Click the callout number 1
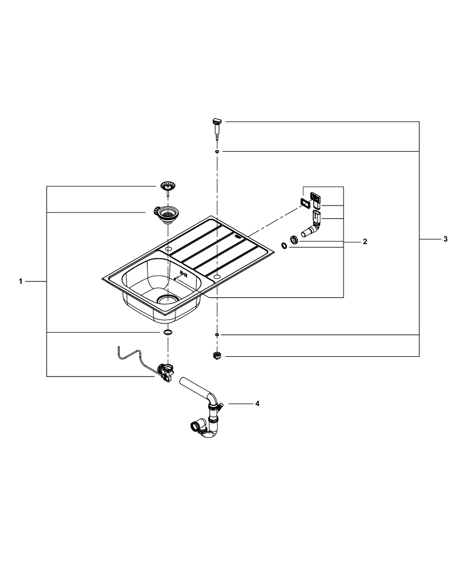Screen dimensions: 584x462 (20, 281)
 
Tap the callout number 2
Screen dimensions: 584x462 (365, 241)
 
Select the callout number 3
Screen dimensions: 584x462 (445, 239)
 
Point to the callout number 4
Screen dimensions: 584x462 (257, 404)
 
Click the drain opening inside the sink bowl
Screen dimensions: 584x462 (167, 300)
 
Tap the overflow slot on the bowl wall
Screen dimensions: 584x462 (184, 273)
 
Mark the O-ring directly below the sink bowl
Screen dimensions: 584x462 (167, 332)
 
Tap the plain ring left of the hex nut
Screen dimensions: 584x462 (285, 246)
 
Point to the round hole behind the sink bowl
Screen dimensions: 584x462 (169, 249)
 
